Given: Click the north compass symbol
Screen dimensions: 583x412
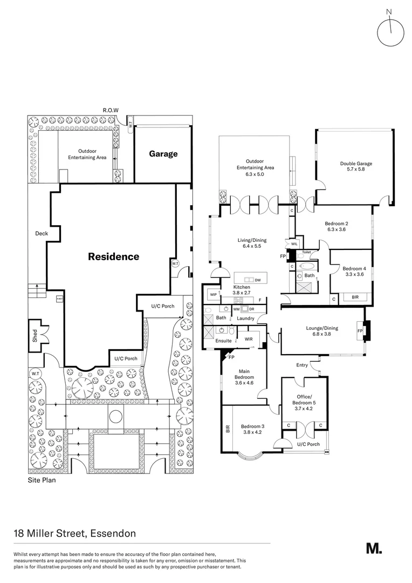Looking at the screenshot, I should [x=390, y=32].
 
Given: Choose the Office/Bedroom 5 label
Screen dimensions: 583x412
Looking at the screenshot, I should [x=304, y=399].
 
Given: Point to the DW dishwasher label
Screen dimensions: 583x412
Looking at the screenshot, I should [x=258, y=280].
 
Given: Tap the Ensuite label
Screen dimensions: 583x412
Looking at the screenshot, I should [x=223, y=341].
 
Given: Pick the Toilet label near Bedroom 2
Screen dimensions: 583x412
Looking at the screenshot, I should [x=306, y=252].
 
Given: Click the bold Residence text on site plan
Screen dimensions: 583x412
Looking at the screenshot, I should [x=113, y=257].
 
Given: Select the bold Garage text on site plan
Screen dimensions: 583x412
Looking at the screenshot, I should [x=163, y=154].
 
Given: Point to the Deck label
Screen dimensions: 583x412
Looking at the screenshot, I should [x=42, y=234].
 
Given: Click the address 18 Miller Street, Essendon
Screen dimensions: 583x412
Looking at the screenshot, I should [x=74, y=534].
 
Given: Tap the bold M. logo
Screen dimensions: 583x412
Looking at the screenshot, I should [x=374, y=548].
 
